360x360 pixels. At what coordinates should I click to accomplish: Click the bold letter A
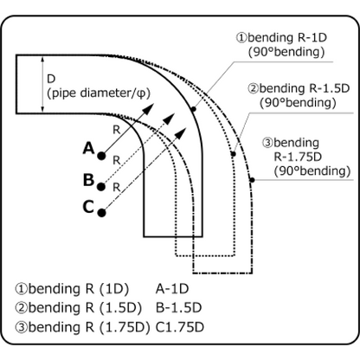pyautogui.click(x=89, y=148)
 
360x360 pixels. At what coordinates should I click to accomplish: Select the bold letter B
pyautogui.click(x=88, y=179)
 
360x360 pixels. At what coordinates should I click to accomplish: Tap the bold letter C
pyautogui.click(x=88, y=207)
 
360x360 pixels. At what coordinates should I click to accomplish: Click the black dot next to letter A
pyautogui.click(x=101, y=156)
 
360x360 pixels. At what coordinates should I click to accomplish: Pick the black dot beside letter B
pyautogui.click(x=101, y=187)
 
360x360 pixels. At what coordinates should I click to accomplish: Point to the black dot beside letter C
pyautogui.click(x=101, y=213)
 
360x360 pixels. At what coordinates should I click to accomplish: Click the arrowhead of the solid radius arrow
pyautogui.click(x=148, y=109)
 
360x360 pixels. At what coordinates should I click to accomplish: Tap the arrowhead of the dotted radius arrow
pyautogui.click(x=169, y=119)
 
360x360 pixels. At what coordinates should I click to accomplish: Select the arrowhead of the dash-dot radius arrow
pyautogui.click(x=181, y=134)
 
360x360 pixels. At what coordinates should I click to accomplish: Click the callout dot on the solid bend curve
pyautogui.click(x=194, y=109)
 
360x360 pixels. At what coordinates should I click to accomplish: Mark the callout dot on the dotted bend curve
pyautogui.click(x=234, y=154)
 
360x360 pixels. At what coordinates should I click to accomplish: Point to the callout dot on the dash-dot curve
pyautogui.click(x=252, y=180)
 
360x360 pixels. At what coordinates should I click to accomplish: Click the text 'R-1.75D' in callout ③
pyautogui.click(x=298, y=157)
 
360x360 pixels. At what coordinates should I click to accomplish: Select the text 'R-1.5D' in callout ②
pyautogui.click(x=330, y=88)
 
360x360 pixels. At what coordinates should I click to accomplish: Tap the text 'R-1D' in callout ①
pyautogui.click(x=311, y=37)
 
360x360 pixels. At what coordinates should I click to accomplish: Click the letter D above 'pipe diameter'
pyautogui.click(x=51, y=79)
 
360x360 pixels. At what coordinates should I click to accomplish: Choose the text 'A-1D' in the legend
pyautogui.click(x=172, y=289)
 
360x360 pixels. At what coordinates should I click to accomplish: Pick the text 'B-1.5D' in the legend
pyautogui.click(x=178, y=308)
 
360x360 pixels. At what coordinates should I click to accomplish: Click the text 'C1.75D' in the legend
pyautogui.click(x=180, y=327)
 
